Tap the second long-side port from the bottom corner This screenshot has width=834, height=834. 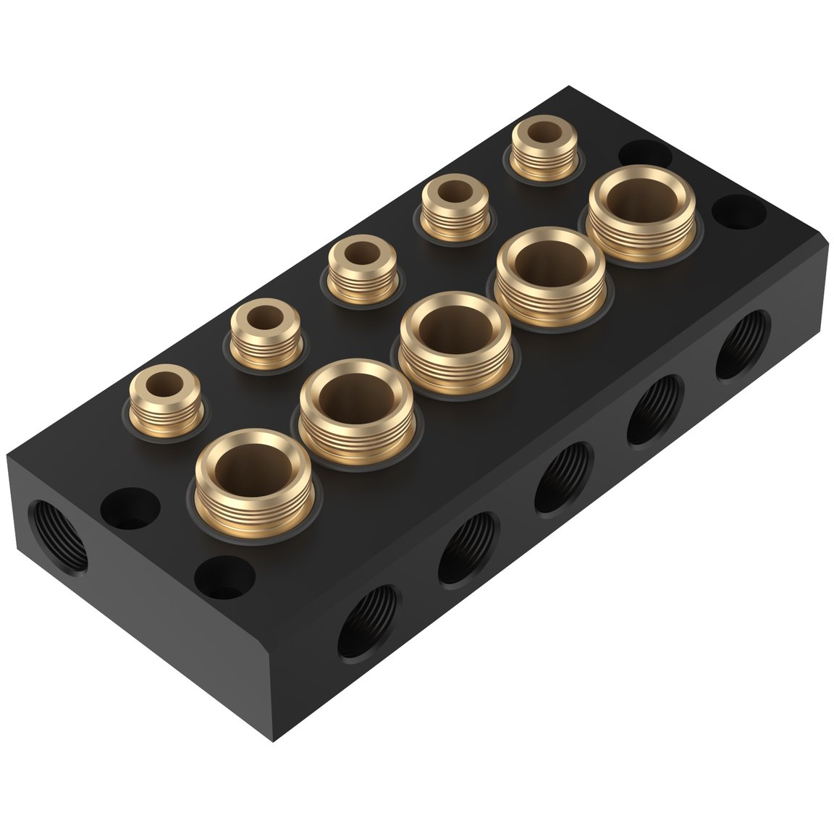click(468, 548)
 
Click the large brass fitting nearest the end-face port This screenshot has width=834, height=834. click(253, 478)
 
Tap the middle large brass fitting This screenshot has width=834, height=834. click(455, 342)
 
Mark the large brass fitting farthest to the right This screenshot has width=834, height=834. click(641, 214)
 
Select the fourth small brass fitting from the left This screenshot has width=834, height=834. click(454, 210)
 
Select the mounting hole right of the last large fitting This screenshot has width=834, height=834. click(738, 211)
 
